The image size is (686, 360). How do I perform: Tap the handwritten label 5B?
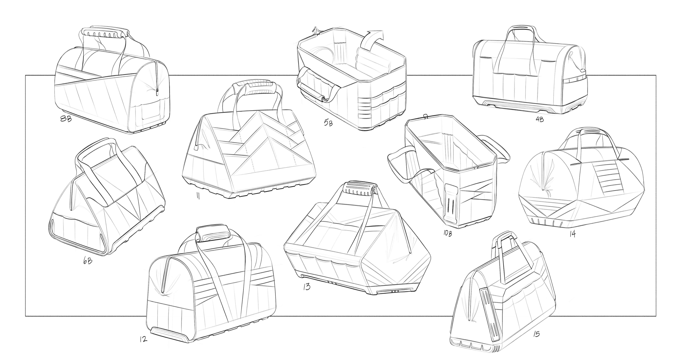328,123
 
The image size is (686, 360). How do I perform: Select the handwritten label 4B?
539,119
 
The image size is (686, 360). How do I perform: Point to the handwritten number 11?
198,196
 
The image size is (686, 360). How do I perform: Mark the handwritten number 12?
143,339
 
